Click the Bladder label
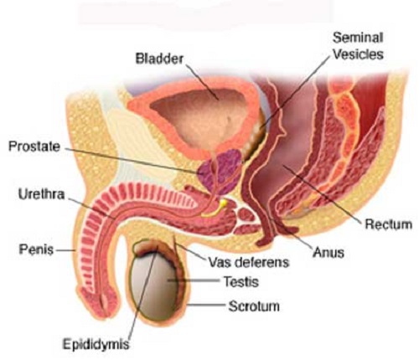(159, 59)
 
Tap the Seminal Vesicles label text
(358, 46)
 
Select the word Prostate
(34, 147)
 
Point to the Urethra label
(41, 194)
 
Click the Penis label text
(36, 249)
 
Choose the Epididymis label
(96, 344)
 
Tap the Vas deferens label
(249, 262)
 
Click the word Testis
(241, 282)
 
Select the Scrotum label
(254, 306)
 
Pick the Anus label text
(328, 253)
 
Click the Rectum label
(389, 224)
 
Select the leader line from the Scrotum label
(206, 305)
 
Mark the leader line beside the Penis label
(65, 250)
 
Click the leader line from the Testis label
(194, 280)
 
